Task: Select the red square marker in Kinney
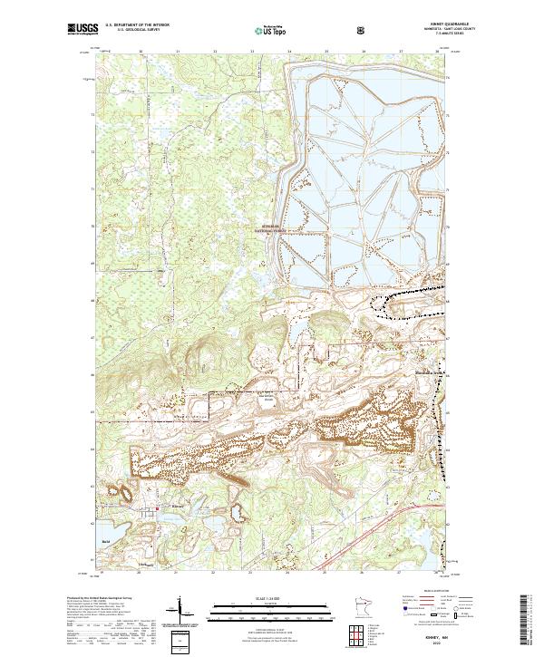click(x=158, y=508)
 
